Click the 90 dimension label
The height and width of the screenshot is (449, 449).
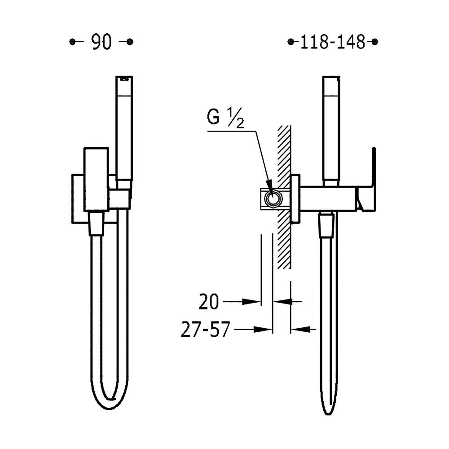point(101,42)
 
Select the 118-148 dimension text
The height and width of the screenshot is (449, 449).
point(333,42)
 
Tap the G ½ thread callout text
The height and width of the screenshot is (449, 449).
point(225,117)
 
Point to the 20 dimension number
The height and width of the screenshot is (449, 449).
point(209,302)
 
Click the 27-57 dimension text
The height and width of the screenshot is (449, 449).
point(205,330)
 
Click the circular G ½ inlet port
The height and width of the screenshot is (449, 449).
point(273,198)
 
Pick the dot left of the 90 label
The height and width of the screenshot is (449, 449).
point(72,42)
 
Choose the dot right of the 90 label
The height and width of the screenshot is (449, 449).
point(130,42)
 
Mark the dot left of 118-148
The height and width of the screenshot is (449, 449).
point(291,42)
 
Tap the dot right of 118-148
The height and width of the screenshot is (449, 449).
point(375,42)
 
